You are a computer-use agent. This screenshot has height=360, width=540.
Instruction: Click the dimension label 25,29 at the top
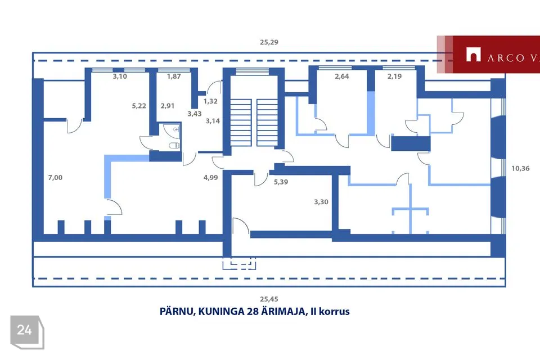coord(269,42)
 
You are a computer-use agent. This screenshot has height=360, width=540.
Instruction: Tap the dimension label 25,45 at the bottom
coord(269,299)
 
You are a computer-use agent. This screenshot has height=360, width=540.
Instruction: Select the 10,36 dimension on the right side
coord(520,168)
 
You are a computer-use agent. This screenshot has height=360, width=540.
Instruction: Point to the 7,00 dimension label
coord(55,178)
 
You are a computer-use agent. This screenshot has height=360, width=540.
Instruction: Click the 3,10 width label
coord(120,76)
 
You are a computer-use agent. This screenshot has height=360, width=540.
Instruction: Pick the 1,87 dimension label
coord(174,76)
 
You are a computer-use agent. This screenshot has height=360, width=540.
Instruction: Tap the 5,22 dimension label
coord(139,106)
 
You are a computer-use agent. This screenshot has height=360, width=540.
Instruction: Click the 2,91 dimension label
coord(168,106)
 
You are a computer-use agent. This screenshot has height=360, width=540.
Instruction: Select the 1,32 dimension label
coord(210,101)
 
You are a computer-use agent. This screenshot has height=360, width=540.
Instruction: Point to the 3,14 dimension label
coord(213,121)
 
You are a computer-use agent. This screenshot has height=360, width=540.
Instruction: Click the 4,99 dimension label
coord(210,178)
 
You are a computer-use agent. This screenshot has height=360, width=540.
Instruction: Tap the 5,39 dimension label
coord(281,182)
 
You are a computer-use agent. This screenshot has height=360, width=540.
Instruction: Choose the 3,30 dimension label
coord(321,202)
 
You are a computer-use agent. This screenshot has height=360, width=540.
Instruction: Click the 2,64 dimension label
coord(342,76)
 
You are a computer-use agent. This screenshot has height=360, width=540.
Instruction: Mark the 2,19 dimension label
coord(395,76)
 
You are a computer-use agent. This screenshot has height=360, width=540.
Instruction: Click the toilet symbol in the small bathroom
coord(174,146)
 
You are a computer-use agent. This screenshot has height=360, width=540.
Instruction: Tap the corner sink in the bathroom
coord(174,129)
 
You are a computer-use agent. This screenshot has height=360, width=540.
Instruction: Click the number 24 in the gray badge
coord(24,330)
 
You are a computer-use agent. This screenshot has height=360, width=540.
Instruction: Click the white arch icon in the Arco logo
coord(473,55)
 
